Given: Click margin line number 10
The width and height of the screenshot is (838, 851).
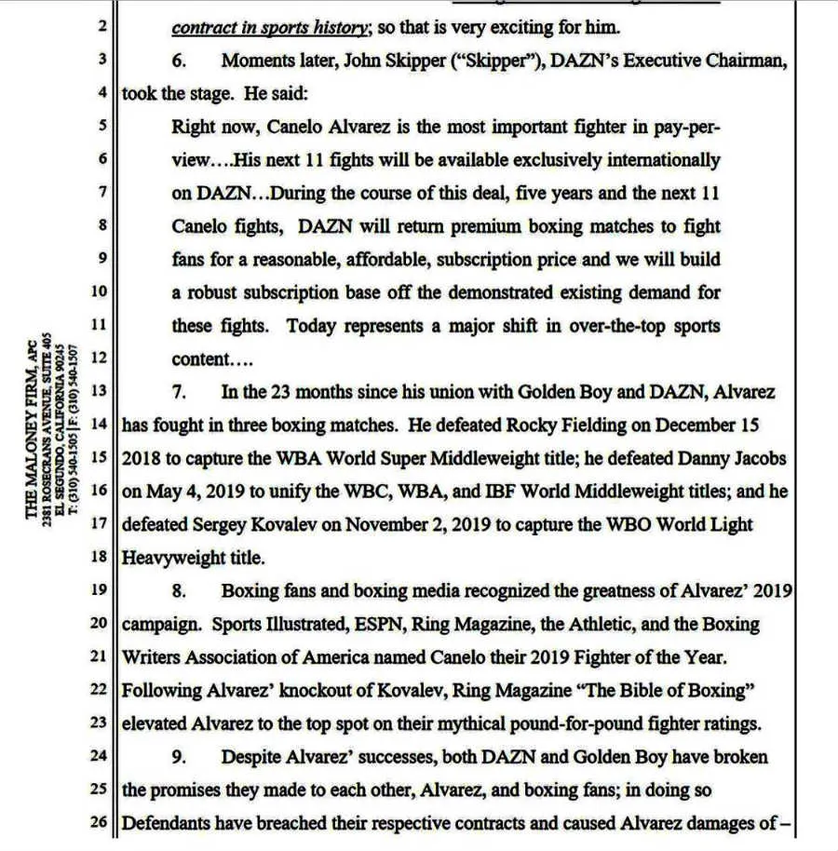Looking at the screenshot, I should pos(100,292).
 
